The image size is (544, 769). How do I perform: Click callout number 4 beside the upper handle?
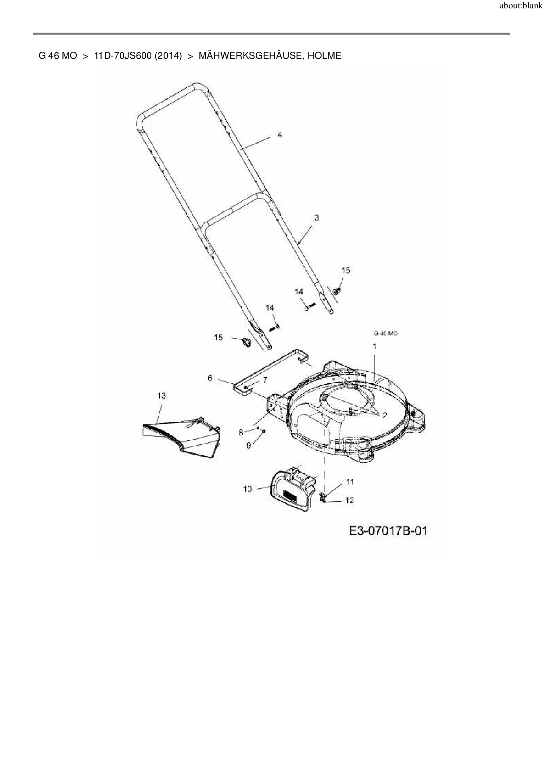point(280,135)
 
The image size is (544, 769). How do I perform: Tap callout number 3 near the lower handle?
point(316,218)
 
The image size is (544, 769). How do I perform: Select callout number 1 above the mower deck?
point(375,346)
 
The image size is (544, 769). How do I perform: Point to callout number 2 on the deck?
point(385,416)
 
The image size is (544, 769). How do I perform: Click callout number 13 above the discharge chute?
point(161,395)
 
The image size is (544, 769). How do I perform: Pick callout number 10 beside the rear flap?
point(247,489)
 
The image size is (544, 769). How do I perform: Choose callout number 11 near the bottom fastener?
point(350,482)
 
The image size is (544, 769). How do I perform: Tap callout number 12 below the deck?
point(350,500)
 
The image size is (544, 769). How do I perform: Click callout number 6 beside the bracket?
point(210,378)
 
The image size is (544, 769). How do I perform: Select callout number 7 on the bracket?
point(265,380)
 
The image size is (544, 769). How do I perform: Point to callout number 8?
point(241,432)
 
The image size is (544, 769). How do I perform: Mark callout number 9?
point(249,445)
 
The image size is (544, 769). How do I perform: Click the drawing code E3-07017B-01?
point(388,531)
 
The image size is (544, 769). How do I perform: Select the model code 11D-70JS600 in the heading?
point(122,56)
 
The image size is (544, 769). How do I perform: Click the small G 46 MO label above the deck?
point(386,334)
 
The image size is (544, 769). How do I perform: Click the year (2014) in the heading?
point(168,56)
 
